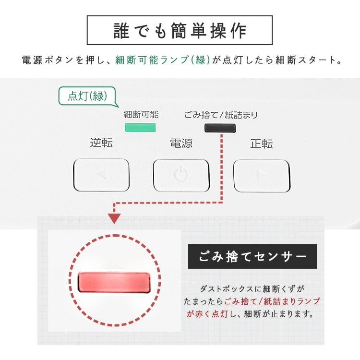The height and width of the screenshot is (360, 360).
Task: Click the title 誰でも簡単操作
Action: [180, 30]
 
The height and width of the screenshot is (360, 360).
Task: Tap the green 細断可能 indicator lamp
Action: [141, 127]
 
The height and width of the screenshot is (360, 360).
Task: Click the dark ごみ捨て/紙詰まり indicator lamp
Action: [220, 128]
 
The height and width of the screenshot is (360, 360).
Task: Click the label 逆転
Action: [101, 143]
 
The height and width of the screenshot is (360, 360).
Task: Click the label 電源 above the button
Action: [181, 143]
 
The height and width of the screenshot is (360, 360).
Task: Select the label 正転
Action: [262, 143]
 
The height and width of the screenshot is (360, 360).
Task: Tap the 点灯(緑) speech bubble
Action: [86, 96]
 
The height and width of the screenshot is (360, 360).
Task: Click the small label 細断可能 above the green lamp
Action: [141, 115]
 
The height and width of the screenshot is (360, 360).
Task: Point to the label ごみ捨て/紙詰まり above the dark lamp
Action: [221, 115]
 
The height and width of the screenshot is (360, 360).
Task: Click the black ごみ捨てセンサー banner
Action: [252, 256]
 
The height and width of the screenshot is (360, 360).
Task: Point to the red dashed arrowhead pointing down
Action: [114, 218]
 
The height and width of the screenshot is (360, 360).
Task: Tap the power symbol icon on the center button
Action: [181, 175]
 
